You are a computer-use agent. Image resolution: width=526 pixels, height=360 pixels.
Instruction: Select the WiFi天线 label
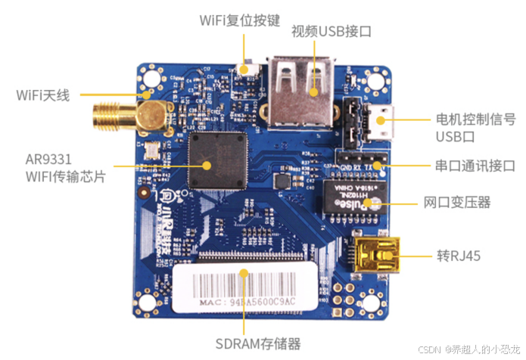tap(43, 96)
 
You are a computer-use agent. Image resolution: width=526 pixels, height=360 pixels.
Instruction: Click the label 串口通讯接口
tap(475, 166)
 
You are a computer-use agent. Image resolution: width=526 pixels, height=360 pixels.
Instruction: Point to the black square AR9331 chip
tap(218, 160)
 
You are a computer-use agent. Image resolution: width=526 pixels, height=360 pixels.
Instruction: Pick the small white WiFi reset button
tap(246, 67)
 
